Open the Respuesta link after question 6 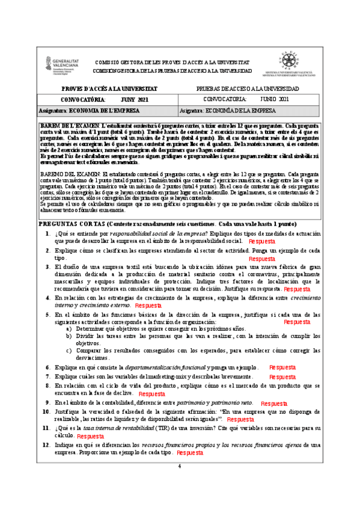282,366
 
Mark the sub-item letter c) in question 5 69,350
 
